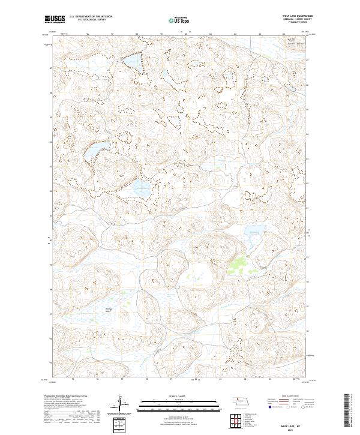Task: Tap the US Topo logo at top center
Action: pos(179,20)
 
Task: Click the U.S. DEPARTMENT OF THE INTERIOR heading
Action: pos(91,16)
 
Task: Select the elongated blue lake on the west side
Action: pos(93,151)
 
